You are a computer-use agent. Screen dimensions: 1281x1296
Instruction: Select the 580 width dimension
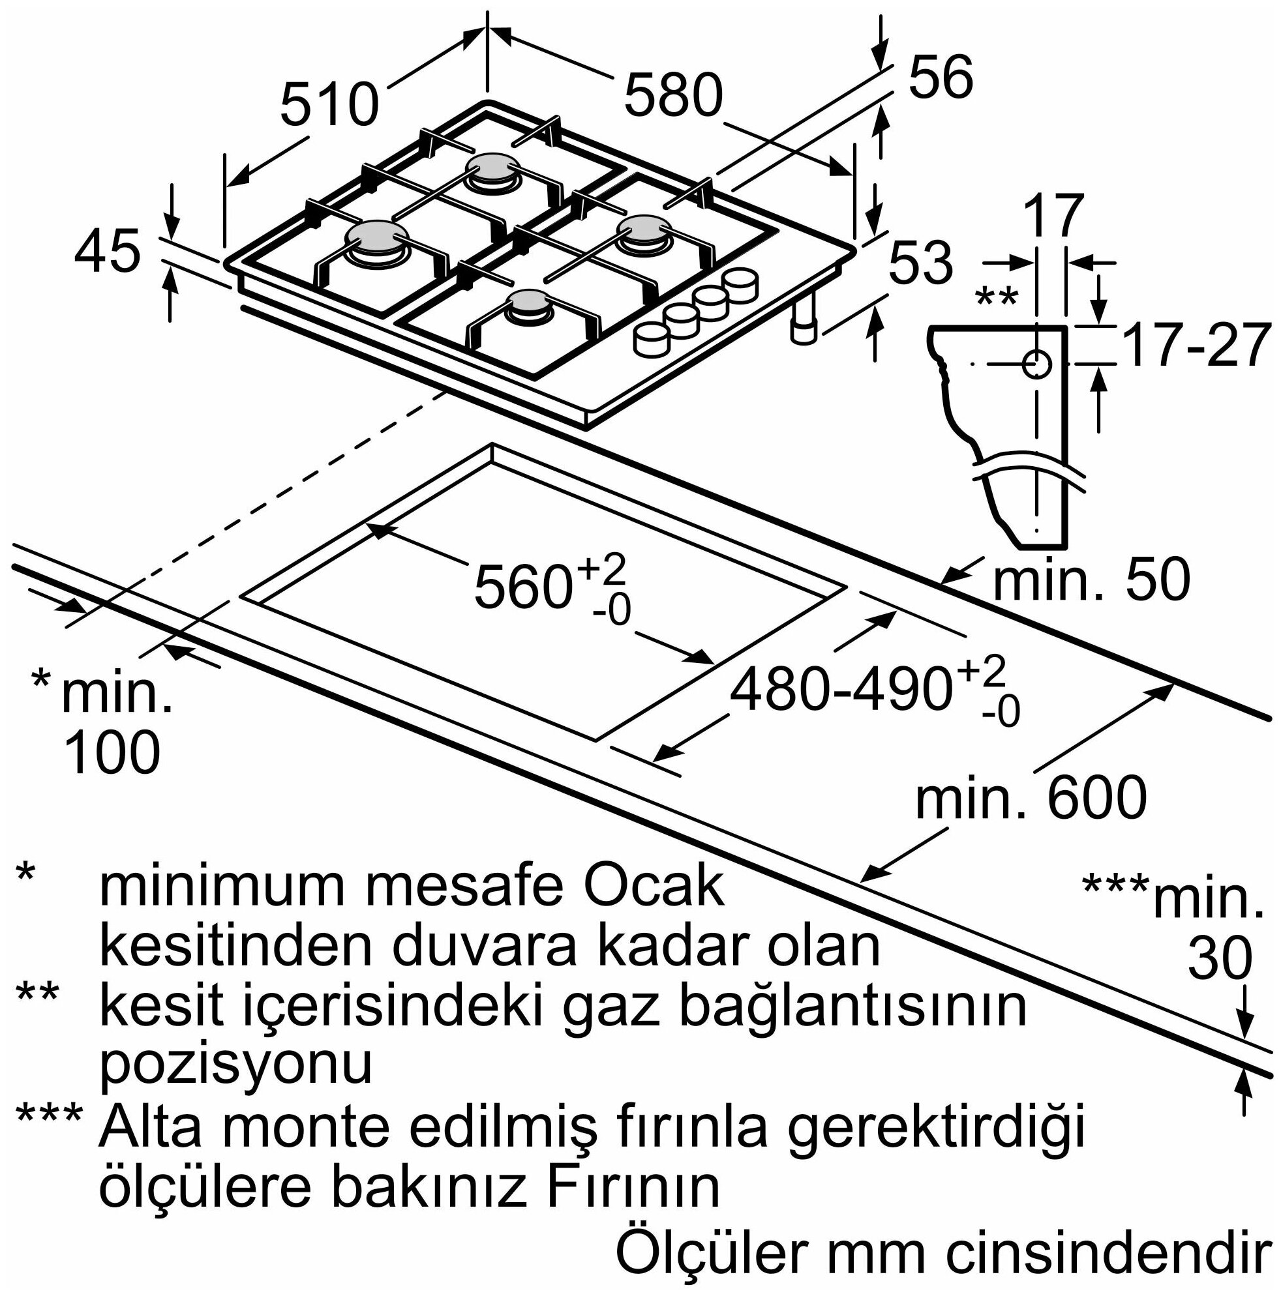[x=673, y=95]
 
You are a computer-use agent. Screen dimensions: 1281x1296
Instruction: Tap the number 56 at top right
[x=940, y=77]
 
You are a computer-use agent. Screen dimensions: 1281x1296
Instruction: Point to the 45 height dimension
[x=108, y=252]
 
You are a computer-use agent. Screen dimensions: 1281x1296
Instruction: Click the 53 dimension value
[x=921, y=262]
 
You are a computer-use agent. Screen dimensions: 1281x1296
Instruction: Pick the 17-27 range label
[x=1196, y=346]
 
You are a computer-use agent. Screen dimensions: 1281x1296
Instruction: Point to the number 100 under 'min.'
[x=112, y=753]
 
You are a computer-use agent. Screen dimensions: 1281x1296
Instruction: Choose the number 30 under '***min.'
[x=1220, y=958]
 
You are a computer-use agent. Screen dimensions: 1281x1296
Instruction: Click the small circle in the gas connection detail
[x=1037, y=364]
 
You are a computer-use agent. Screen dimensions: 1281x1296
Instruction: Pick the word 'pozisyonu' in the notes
[x=235, y=1064]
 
